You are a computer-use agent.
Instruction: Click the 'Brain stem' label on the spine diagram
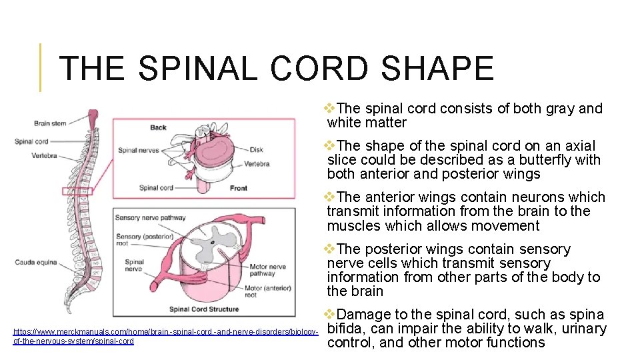click(x=51, y=123)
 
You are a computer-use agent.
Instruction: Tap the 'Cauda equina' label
click(x=33, y=262)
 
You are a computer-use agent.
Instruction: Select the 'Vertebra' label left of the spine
click(x=44, y=156)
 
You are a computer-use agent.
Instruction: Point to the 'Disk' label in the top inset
click(x=256, y=149)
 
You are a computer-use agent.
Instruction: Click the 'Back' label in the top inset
click(x=158, y=127)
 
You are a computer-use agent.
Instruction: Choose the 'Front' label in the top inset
click(x=238, y=188)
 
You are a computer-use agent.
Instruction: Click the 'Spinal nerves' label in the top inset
click(x=139, y=150)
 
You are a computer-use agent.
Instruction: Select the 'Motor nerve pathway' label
click(x=267, y=270)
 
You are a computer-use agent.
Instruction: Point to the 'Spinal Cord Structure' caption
click(x=203, y=309)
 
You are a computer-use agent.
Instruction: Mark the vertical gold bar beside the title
click(x=41, y=67)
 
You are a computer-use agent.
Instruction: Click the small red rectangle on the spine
click(x=77, y=191)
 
